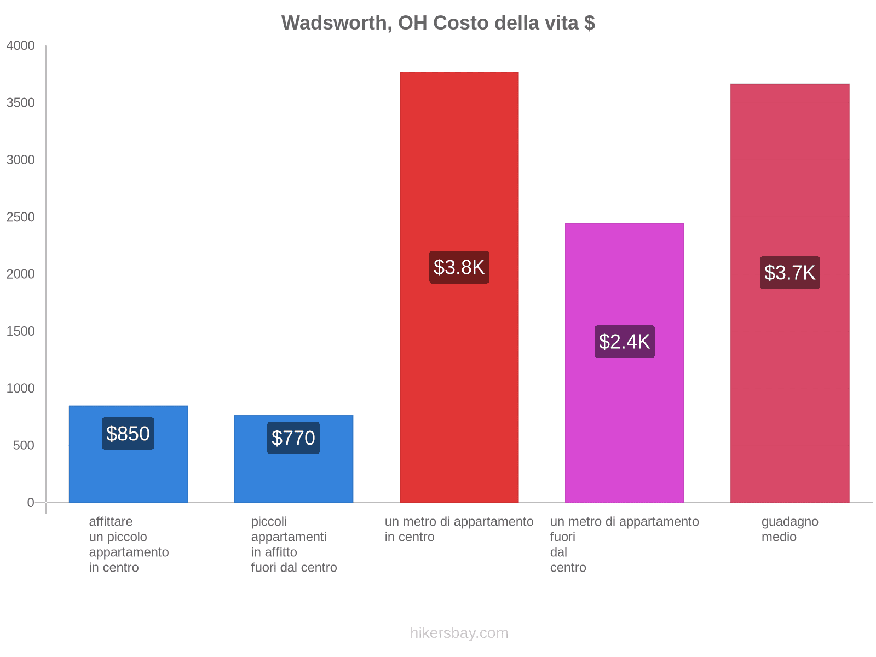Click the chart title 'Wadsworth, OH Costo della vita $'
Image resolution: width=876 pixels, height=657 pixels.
pos(438,23)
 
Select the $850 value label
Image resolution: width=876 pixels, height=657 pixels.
pos(128,434)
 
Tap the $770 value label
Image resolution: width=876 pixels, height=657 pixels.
pos(293,438)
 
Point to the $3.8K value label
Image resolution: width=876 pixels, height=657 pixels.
pos(459,267)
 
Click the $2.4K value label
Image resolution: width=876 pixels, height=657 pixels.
pos(624,342)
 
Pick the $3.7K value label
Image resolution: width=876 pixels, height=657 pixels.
pos(789,273)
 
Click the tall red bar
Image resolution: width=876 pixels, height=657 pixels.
pos(459,164)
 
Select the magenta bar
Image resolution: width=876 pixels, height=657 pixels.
pos(624,427)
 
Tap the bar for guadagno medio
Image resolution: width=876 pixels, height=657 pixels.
pos(789,164)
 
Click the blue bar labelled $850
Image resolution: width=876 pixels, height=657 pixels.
pos(128,476)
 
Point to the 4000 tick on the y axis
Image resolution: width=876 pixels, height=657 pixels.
pos(21,46)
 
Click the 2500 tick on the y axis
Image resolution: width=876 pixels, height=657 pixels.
pos(21,217)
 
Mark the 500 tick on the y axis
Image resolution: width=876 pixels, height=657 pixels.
pos(24,446)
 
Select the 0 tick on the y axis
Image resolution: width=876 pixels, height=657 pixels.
pos(31,503)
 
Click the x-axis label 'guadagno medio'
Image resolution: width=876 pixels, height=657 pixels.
pos(789,529)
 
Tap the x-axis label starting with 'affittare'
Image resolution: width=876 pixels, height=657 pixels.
pos(129,544)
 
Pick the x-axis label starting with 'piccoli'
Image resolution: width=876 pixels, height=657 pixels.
pos(294,544)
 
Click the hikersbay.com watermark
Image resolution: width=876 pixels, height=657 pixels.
pos(459,633)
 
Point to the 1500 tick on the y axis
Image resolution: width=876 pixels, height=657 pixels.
pos(21,331)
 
